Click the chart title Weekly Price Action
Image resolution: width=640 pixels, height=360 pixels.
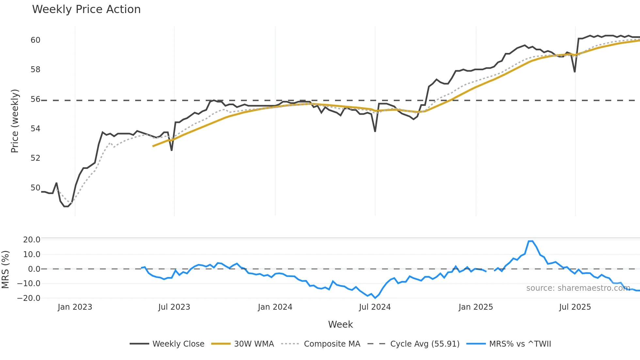86,9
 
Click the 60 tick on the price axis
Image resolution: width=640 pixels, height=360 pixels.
35,40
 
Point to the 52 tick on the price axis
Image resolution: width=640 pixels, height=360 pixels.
35,158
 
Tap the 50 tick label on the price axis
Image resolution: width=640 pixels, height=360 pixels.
35,188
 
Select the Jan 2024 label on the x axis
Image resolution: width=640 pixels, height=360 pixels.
275,307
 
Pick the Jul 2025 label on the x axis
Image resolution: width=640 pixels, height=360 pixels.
575,307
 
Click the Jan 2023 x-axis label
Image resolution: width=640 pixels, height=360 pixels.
75,307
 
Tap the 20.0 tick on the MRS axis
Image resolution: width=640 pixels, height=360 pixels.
32,240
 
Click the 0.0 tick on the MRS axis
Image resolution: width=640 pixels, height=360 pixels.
34,269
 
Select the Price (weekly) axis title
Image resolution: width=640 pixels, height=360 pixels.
15,121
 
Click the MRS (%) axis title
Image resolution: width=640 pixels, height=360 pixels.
5,270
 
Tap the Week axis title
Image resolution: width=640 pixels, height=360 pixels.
340,324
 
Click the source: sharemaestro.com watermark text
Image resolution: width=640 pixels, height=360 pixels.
578,288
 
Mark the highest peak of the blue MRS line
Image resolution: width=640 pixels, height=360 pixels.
531,241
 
